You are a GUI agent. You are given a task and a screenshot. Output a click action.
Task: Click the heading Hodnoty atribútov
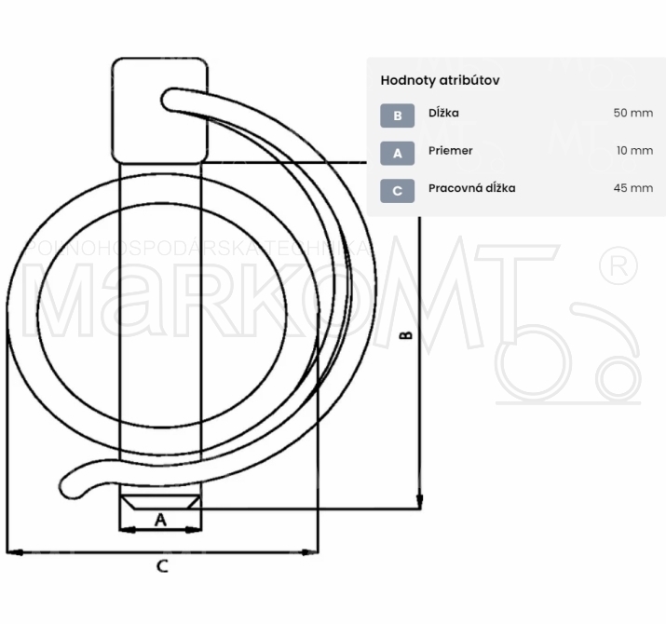pyautogui.click(x=440, y=80)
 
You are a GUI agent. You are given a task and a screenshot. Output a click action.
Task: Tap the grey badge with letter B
pyautogui.click(x=397, y=115)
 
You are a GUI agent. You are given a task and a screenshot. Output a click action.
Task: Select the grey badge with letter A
pyautogui.click(x=397, y=153)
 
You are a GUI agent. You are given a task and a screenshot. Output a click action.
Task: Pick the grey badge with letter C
pyautogui.click(x=397, y=191)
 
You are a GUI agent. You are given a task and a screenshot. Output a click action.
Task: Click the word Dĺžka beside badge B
pyautogui.click(x=443, y=113)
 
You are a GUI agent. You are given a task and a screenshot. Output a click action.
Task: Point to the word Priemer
pyautogui.click(x=450, y=150)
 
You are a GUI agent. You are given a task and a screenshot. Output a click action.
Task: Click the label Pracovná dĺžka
pyautogui.click(x=471, y=188)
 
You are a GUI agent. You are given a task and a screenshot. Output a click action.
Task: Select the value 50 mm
pyautogui.click(x=632, y=113)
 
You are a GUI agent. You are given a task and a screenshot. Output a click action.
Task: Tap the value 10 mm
pyautogui.click(x=634, y=150)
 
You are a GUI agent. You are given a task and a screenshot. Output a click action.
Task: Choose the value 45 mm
pyautogui.click(x=632, y=188)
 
